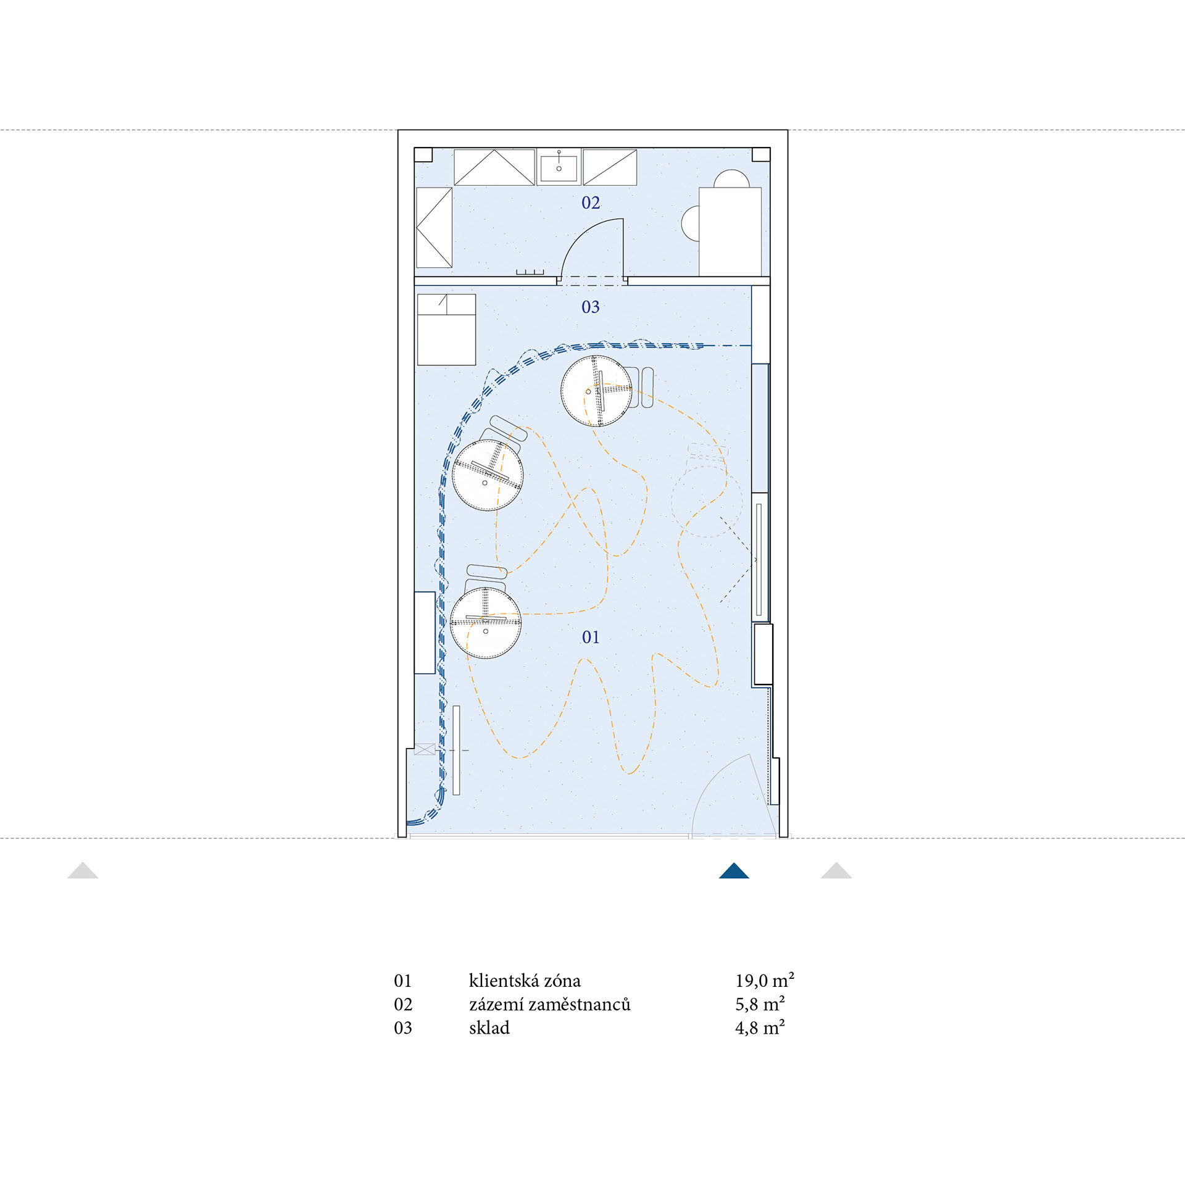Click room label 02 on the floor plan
click(591, 202)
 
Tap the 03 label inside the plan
click(591, 307)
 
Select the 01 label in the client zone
click(591, 637)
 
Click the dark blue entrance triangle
click(734, 871)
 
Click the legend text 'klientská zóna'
click(525, 981)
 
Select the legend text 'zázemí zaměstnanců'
click(549, 1004)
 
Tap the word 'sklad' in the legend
click(489, 1028)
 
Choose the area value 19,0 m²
click(765, 980)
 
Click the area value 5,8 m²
click(760, 1004)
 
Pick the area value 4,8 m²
click(760, 1028)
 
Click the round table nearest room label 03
click(596, 391)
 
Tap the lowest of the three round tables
click(486, 623)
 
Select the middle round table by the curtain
click(488, 475)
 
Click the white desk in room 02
click(730, 231)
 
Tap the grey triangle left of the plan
click(83, 871)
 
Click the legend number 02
click(403, 1004)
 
